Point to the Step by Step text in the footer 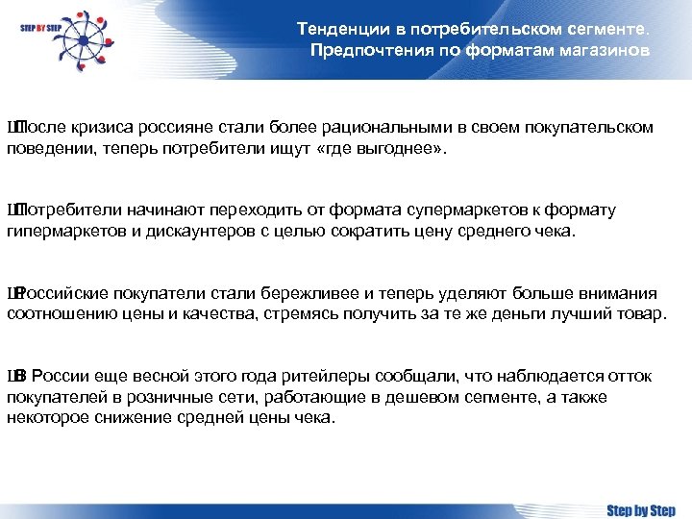[641, 510]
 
